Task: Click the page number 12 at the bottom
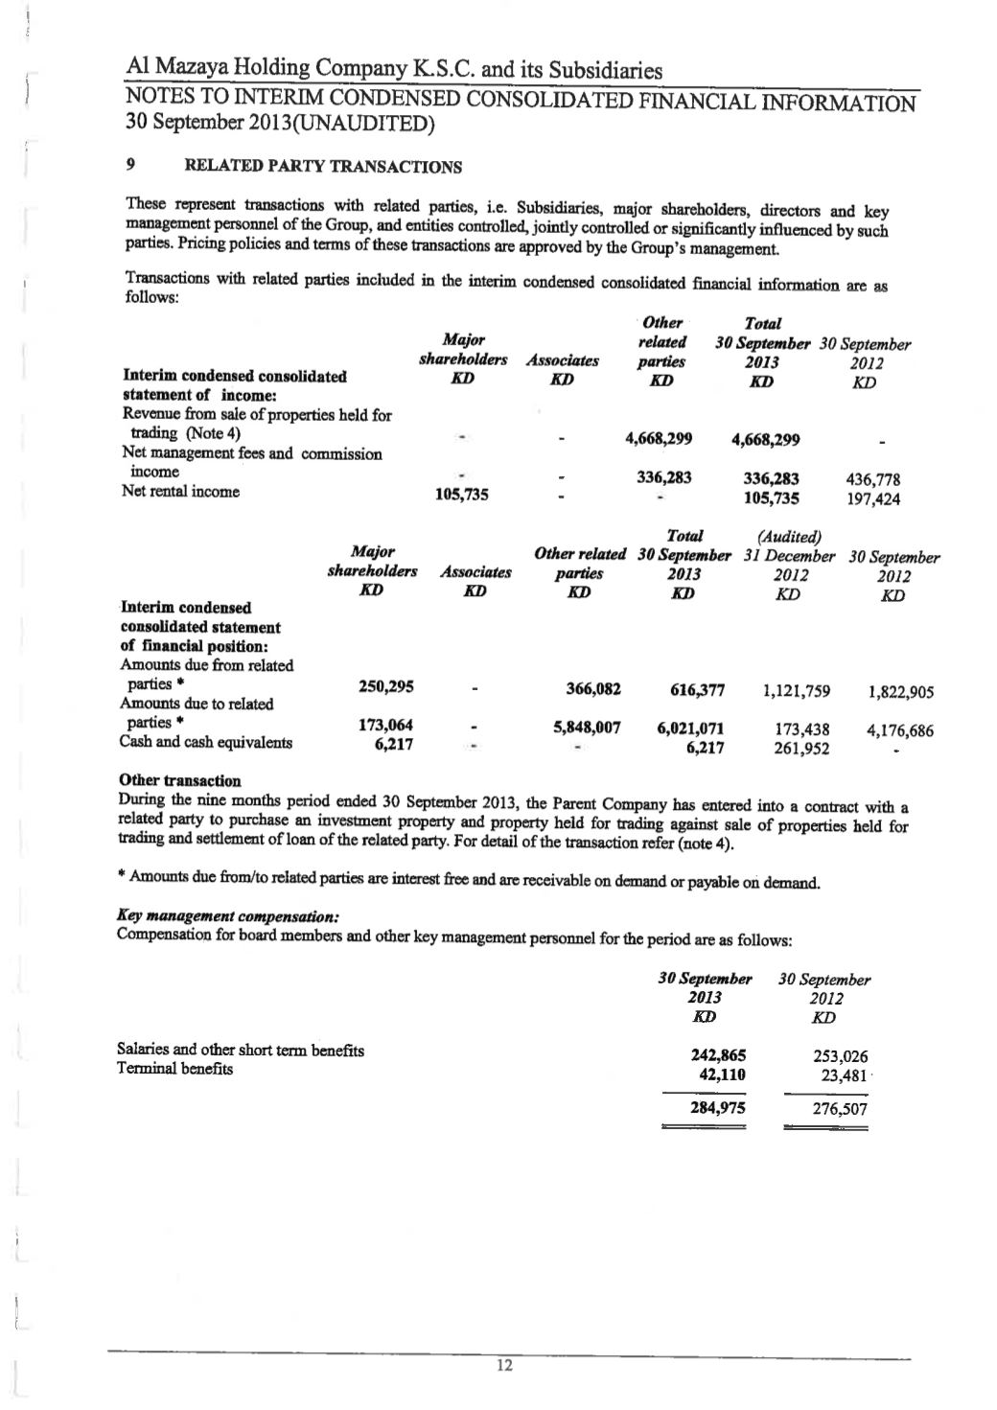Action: point(505,1366)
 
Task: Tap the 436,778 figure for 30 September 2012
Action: point(872,479)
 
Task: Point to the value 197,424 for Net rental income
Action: point(872,498)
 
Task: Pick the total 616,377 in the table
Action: point(692,690)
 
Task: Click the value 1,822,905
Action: point(900,692)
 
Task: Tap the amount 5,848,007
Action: point(588,728)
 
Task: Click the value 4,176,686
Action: point(900,731)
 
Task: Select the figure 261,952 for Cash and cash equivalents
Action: point(801,749)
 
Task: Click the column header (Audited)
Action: point(790,537)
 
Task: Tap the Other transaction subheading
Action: point(180,780)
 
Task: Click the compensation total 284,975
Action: point(718,1108)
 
